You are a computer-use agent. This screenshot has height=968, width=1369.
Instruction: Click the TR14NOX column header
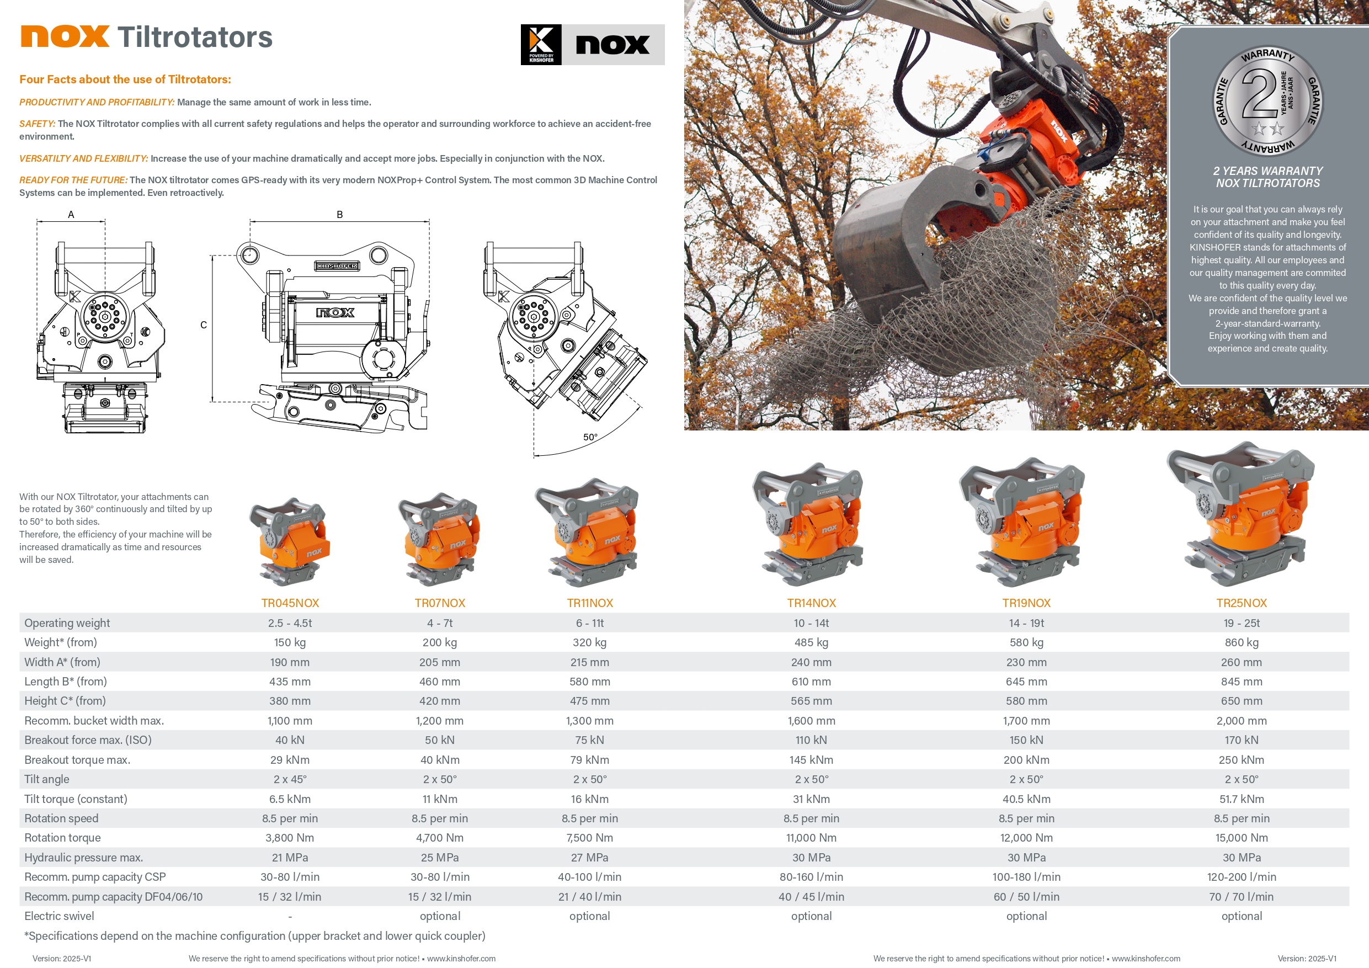point(811,603)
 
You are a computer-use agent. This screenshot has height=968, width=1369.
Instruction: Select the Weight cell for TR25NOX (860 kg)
point(1241,642)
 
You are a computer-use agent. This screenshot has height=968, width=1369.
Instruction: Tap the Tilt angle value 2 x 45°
point(290,779)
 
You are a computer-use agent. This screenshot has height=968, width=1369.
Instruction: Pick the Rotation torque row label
point(62,837)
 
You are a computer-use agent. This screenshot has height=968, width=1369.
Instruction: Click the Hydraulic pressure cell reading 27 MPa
point(589,857)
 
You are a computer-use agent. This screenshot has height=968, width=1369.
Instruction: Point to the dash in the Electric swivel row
point(290,917)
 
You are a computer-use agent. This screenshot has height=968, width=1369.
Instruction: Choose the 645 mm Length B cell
point(1026,681)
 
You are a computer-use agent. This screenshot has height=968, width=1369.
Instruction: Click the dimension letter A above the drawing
point(71,215)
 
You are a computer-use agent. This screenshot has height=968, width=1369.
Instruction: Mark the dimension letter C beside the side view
point(203,325)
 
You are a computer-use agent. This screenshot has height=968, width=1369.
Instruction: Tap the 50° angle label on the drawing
point(590,437)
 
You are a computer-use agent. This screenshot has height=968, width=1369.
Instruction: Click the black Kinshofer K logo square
point(541,45)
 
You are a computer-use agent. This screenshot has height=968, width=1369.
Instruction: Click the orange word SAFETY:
point(37,124)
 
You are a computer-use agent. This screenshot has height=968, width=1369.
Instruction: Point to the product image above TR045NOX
point(290,541)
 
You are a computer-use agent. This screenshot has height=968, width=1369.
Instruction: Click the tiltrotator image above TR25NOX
point(1241,514)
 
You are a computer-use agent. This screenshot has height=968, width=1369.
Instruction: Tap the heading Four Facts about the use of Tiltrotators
point(125,79)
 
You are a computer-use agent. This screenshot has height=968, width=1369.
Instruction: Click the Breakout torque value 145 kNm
point(811,760)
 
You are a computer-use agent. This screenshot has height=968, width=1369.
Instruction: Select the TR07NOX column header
point(439,603)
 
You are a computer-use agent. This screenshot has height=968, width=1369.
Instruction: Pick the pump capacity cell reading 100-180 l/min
point(1026,877)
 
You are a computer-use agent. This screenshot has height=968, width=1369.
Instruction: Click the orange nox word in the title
point(65,36)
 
